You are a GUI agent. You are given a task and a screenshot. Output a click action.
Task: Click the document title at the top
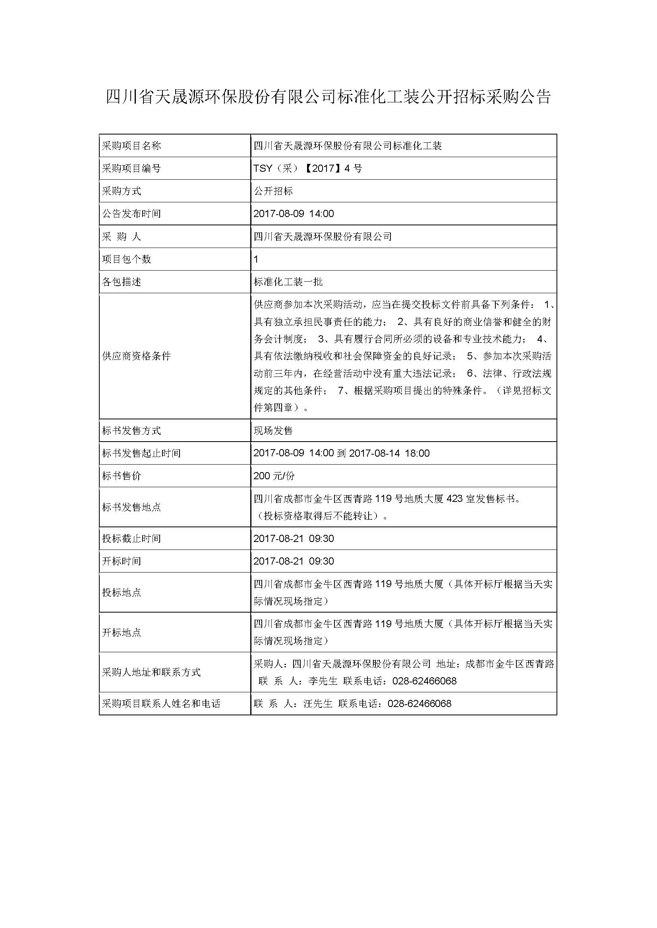click(328, 97)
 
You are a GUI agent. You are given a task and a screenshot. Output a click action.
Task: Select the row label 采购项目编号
click(131, 168)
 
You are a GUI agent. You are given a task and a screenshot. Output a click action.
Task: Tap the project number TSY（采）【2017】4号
click(307, 168)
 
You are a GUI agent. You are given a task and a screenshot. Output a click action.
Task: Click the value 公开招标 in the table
click(273, 191)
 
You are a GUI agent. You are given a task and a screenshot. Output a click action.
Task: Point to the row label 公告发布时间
click(131, 213)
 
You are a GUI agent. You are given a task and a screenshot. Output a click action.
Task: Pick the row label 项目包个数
click(126, 259)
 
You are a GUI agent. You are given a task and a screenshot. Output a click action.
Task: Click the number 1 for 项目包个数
click(256, 259)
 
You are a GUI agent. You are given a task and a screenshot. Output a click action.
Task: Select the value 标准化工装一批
click(288, 282)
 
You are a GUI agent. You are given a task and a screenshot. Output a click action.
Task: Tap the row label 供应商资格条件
click(136, 356)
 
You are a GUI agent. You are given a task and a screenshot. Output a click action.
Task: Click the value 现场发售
click(273, 430)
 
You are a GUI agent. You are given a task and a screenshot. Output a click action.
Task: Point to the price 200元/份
click(274, 476)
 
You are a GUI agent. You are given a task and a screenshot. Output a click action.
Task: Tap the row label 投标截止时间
click(131, 538)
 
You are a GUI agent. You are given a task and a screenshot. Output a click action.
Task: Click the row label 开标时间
click(122, 561)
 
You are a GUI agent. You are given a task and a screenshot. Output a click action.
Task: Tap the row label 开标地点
click(122, 632)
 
